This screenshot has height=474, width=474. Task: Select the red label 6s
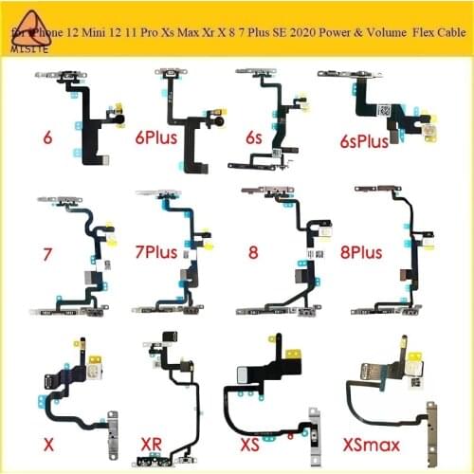[x=252, y=137]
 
